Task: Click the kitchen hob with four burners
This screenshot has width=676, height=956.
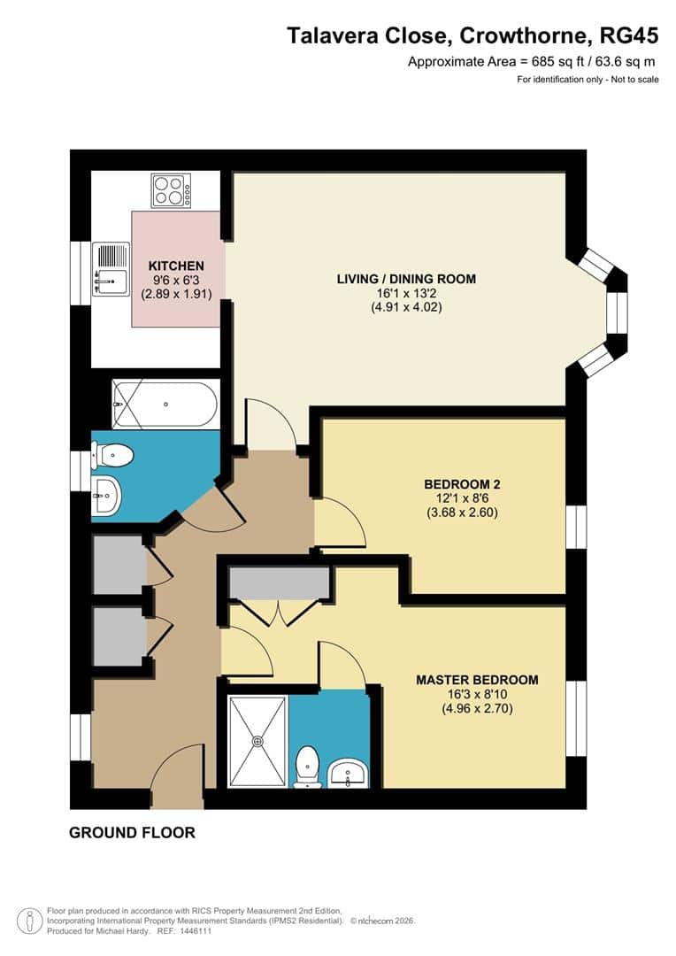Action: click(x=172, y=190)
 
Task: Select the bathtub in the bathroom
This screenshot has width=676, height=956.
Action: click(x=165, y=405)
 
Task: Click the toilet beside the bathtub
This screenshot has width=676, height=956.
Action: click(x=112, y=455)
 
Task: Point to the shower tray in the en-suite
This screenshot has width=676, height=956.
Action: click(x=257, y=741)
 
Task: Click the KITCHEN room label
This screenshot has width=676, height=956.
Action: click(x=176, y=266)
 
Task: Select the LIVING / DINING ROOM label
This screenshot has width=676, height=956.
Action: click(x=406, y=279)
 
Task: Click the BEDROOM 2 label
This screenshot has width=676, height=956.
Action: click(x=462, y=484)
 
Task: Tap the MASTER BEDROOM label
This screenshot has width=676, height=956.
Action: click(x=477, y=680)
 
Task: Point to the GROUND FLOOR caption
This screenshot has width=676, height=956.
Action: click(x=132, y=833)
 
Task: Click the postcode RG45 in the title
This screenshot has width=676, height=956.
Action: click(x=629, y=36)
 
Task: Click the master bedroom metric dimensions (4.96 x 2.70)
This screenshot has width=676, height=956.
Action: click(x=477, y=708)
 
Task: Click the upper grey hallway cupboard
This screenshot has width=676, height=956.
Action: click(x=119, y=565)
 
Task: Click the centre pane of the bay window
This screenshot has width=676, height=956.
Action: click(x=617, y=312)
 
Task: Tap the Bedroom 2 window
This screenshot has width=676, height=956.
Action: click(x=576, y=527)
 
